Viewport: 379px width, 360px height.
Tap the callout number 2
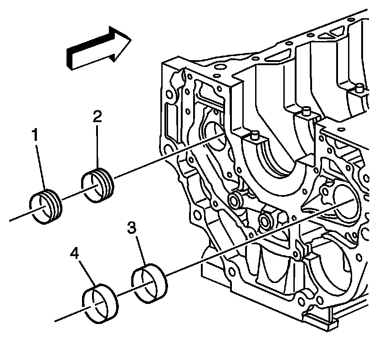click(97, 117)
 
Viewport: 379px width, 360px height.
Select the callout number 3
click(132, 229)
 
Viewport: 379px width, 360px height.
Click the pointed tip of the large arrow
click(130, 41)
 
